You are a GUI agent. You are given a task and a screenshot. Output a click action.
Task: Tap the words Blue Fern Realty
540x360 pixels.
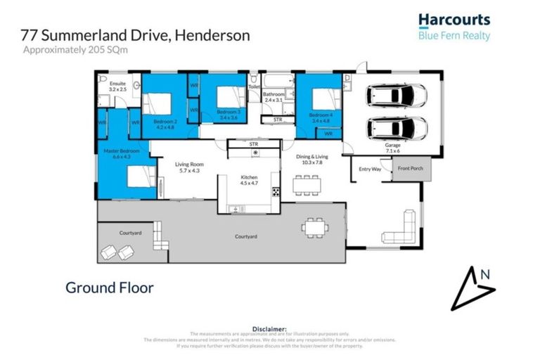[x=454, y=36]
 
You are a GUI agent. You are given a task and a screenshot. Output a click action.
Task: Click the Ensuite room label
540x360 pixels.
[x=117, y=86]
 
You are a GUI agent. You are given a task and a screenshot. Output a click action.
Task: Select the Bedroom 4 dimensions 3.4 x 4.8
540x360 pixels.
[x=320, y=120]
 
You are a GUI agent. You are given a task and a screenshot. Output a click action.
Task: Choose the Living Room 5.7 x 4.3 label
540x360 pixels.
[x=188, y=167]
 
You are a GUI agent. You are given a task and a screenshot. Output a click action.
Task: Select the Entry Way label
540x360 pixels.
[x=369, y=169]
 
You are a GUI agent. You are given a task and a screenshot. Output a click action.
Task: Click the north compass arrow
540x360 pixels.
[x=473, y=287]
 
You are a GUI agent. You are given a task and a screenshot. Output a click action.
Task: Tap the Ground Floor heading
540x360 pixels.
[x=109, y=288]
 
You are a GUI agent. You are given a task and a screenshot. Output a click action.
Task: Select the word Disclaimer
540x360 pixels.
[x=269, y=328]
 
